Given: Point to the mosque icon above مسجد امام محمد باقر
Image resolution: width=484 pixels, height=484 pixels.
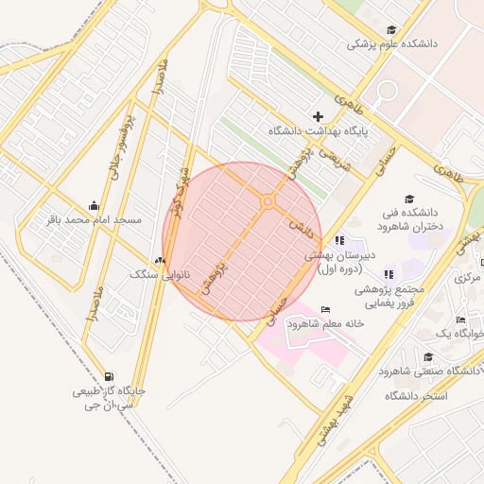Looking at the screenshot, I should pos(94,205).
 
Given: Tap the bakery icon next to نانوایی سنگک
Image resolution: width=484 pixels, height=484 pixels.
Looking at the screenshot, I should pos(159,260).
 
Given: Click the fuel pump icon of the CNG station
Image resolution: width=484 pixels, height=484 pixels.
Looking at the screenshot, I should pos(109,375).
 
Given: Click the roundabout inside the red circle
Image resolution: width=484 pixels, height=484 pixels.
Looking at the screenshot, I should pos(268,200).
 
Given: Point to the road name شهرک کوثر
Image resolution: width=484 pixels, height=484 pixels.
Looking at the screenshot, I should pos(177,189).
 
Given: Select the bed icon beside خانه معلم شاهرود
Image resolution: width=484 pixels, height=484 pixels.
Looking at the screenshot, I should pos(326,309).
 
